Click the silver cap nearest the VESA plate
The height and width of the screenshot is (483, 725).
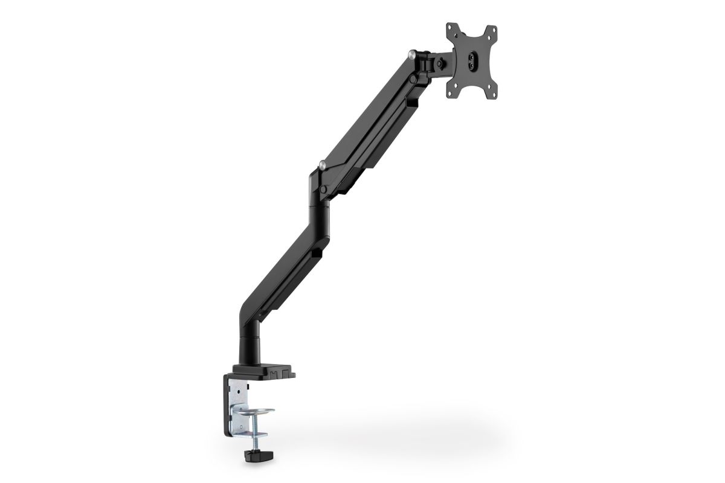click(x=413, y=54)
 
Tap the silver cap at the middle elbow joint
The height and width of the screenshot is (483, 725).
click(x=324, y=164)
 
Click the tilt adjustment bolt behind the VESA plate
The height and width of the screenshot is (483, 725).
click(x=445, y=60)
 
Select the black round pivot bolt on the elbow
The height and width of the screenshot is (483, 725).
click(x=325, y=190)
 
